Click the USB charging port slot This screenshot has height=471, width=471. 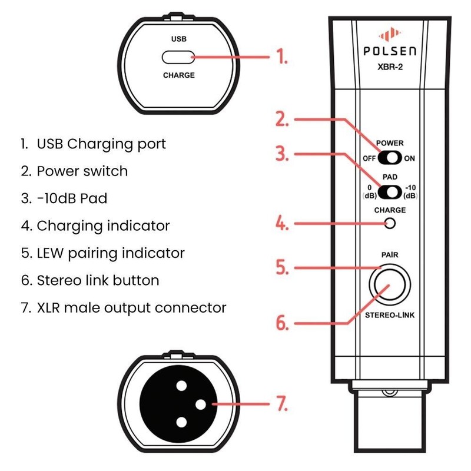tap(178, 57)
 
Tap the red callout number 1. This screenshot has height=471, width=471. tap(283, 57)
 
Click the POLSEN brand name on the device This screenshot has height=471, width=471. tap(390, 51)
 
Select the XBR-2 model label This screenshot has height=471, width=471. tap(390, 66)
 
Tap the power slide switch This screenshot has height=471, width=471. tap(390, 158)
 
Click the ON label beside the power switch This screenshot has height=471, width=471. tap(410, 158)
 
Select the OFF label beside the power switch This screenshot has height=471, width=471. tap(369, 158)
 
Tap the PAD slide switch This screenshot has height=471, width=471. tap(390, 192)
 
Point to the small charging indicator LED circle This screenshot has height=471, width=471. tap(389, 223)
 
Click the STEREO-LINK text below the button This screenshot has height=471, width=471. tap(390, 316)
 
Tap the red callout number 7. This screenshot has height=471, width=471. tap(283, 404)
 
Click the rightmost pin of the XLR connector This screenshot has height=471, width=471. tap(200, 404)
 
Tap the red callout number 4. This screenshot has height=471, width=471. tap(283, 224)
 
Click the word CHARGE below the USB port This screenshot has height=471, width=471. tap(178, 75)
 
